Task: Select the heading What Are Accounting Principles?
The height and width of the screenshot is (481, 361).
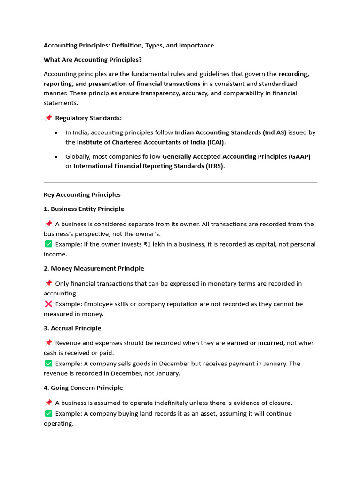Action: click(x=93, y=60)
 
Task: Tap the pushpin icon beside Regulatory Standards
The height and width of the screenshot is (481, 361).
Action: click(x=48, y=118)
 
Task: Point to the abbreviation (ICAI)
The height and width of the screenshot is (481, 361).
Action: click(x=214, y=142)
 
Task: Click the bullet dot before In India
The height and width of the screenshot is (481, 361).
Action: click(x=56, y=133)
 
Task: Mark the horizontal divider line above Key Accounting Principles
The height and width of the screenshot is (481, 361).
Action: click(x=180, y=183)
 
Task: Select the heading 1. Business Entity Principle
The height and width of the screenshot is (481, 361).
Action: click(x=84, y=209)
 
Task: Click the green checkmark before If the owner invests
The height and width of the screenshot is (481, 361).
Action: click(x=48, y=244)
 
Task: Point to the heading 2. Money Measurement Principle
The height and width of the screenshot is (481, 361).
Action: click(x=94, y=268)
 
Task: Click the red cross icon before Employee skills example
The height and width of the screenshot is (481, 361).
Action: click(x=48, y=304)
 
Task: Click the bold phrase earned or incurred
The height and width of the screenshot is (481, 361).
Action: click(x=255, y=343)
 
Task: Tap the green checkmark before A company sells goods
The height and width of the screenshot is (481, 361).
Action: click(x=48, y=363)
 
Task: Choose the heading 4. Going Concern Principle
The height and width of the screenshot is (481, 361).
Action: click(x=83, y=388)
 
